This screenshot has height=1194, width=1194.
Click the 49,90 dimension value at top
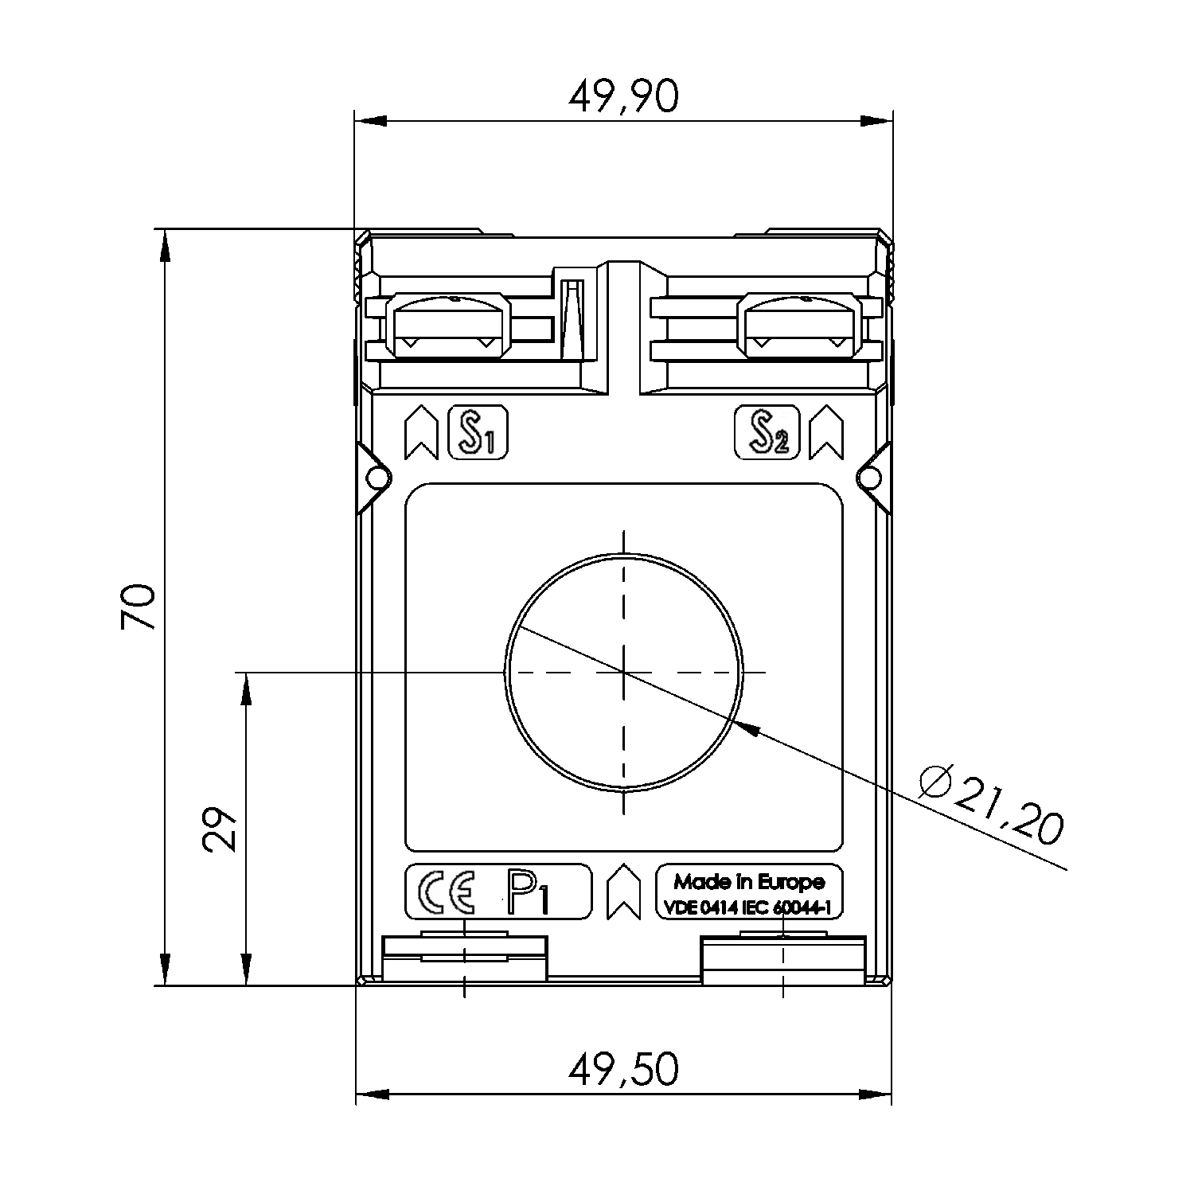pos(623,97)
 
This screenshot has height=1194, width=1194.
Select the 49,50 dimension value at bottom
pos(623,1069)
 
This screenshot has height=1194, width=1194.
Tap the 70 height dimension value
pos(138,607)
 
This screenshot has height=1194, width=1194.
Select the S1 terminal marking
pos(478,432)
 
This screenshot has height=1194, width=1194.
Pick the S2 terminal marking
pos(766,432)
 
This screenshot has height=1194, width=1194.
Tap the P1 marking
pos(528,892)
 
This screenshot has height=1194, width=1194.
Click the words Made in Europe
pos(749,881)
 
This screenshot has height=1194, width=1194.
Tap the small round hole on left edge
pos(376,478)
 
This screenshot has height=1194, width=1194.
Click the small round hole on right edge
pos(872,478)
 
